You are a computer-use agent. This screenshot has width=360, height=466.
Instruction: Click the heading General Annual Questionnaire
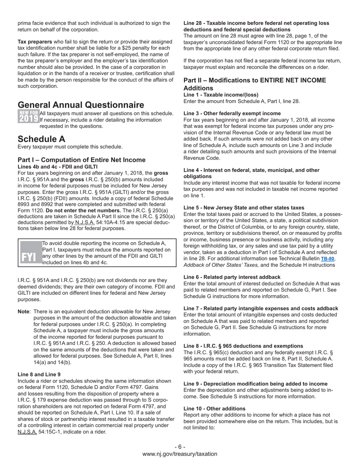pyautogui.click(x=81, y=105)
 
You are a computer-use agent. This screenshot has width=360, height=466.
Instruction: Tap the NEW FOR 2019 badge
pyautogui.click(x=28, y=116)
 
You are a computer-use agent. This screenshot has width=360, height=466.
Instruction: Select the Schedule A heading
pyautogui.click(x=41, y=139)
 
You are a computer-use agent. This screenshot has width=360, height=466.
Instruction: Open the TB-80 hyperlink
pyautogui.click(x=327, y=259)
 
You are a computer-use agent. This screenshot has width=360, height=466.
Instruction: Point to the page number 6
pyautogui.click(x=180, y=447)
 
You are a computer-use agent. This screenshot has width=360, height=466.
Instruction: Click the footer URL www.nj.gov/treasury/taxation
pyautogui.click(x=180, y=454)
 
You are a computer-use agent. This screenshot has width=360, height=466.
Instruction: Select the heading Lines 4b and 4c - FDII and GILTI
pyautogui.click(x=58, y=167)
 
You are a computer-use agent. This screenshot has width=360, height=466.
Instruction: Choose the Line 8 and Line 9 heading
pyautogui.click(x=39, y=374)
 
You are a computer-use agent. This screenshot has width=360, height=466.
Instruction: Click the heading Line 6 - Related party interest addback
pyautogui.click(x=232, y=277)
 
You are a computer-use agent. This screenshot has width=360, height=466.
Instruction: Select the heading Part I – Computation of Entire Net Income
pyautogui.click(x=81, y=160)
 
